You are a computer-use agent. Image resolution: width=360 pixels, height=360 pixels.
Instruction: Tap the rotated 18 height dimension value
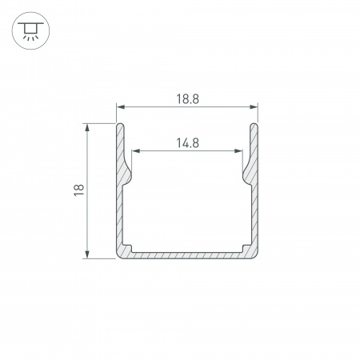78,190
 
